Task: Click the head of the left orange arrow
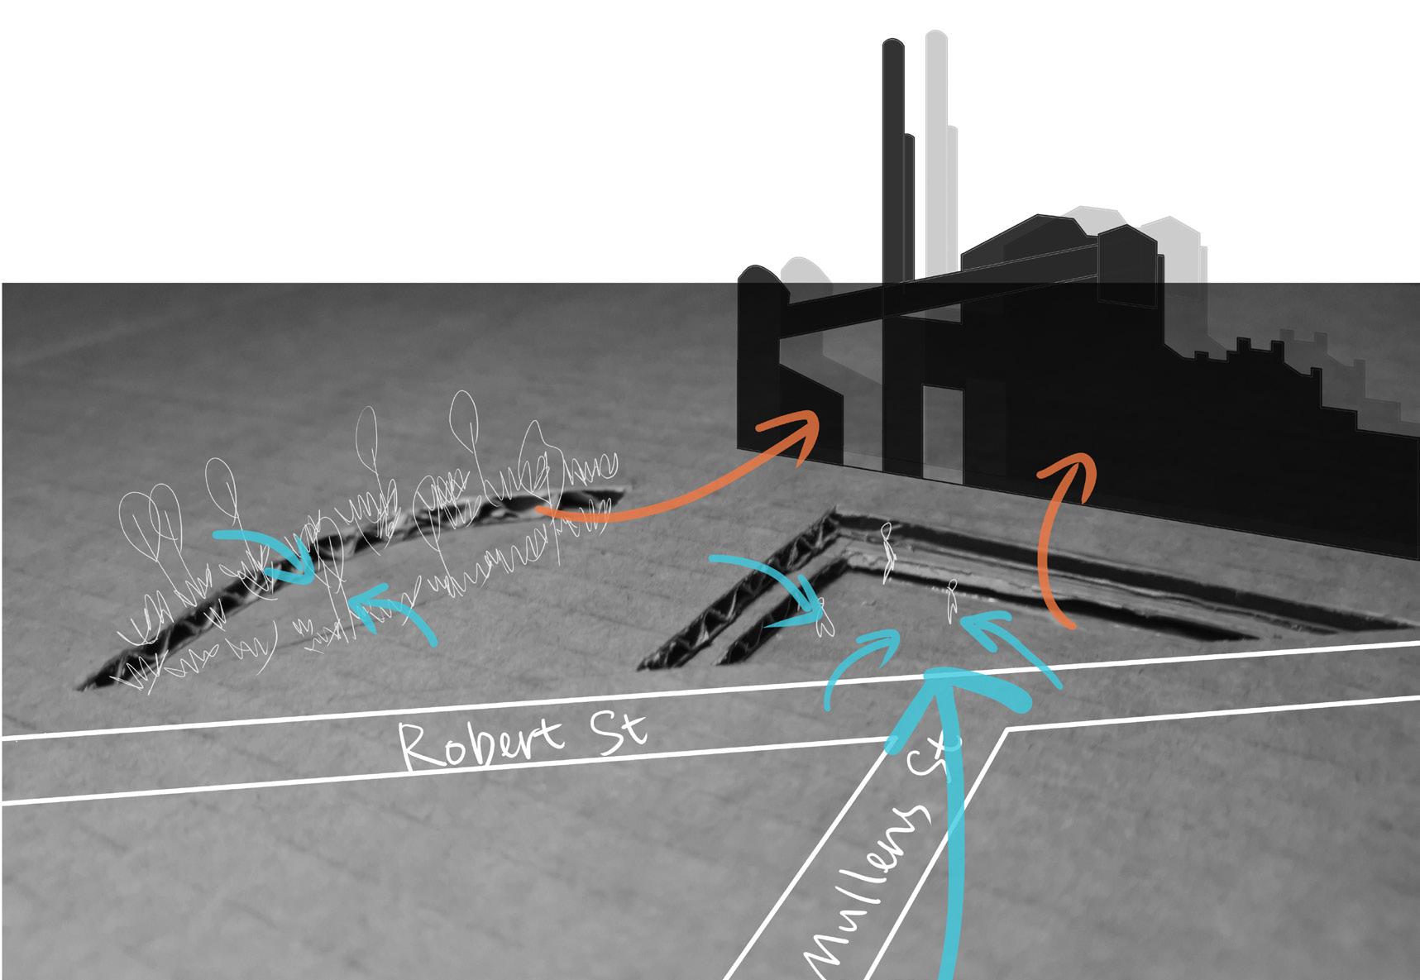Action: [x=806, y=426]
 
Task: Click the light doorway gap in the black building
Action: [x=943, y=430]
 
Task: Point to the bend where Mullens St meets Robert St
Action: [x=1007, y=732]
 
